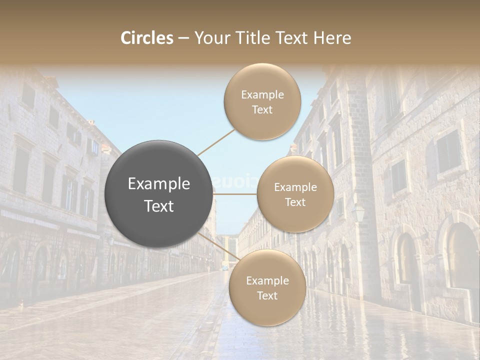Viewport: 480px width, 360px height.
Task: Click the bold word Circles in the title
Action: pyautogui.click(x=147, y=38)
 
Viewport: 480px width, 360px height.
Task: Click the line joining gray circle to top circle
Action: pyautogui.click(x=216, y=141)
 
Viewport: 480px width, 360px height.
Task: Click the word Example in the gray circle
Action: pyautogui.click(x=159, y=184)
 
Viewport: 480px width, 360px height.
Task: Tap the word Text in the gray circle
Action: pyautogui.click(x=159, y=206)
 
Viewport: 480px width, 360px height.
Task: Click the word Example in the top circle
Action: pyautogui.click(x=262, y=95)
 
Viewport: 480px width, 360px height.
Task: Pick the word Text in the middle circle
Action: pyautogui.click(x=295, y=202)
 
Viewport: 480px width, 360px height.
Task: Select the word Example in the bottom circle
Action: pyautogui.click(x=267, y=281)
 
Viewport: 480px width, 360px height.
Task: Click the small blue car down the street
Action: pyautogui.click(x=225, y=268)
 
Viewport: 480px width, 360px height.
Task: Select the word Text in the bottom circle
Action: pyautogui.click(x=267, y=296)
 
